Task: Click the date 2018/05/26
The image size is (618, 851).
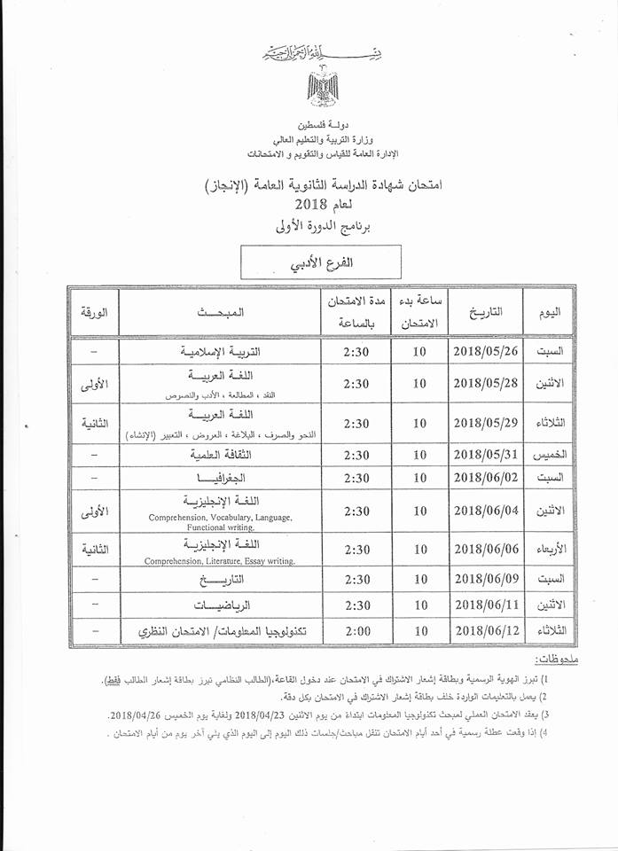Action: [x=489, y=352]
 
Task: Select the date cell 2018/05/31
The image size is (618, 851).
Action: [x=489, y=455]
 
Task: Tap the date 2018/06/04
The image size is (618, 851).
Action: [x=489, y=511]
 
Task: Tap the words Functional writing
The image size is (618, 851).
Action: [x=221, y=527]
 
